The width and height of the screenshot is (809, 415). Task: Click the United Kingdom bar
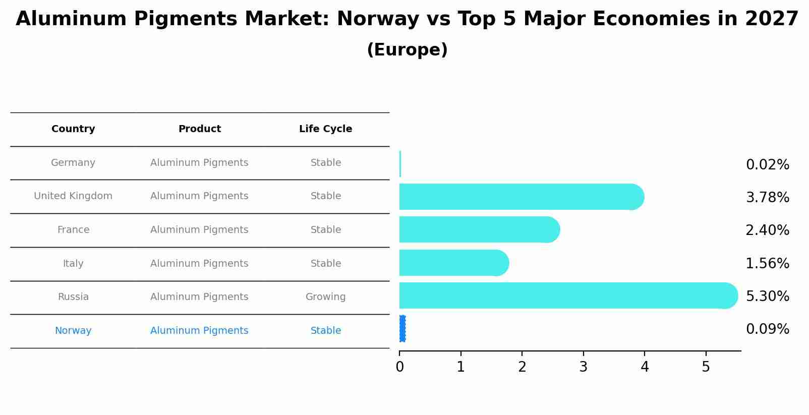pyautogui.click(x=519, y=197)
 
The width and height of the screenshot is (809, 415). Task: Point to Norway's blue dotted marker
pyautogui.click(x=402, y=329)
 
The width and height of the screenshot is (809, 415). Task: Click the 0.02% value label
pyautogui.click(x=767, y=165)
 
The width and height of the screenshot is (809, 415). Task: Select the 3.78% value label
pyautogui.click(x=767, y=198)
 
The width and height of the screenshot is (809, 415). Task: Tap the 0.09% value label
pyautogui.click(x=767, y=329)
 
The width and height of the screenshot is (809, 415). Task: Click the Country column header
pyautogui.click(x=73, y=129)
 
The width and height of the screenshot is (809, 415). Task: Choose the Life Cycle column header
pyautogui.click(x=325, y=129)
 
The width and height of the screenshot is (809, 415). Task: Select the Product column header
pyautogui.click(x=199, y=129)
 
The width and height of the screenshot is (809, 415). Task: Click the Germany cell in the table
pyautogui.click(x=73, y=163)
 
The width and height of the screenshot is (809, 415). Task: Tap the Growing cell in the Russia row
pyautogui.click(x=325, y=297)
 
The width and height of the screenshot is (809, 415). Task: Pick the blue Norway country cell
pyautogui.click(x=73, y=331)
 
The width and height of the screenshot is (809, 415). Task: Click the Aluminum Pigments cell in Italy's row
pyautogui.click(x=199, y=264)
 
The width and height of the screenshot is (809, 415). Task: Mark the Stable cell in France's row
pyautogui.click(x=325, y=230)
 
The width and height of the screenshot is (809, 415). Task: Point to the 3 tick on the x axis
pyautogui.click(x=583, y=367)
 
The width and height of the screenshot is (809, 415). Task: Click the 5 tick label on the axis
pyautogui.click(x=706, y=367)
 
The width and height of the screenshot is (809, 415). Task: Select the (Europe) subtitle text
pyautogui.click(x=407, y=50)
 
